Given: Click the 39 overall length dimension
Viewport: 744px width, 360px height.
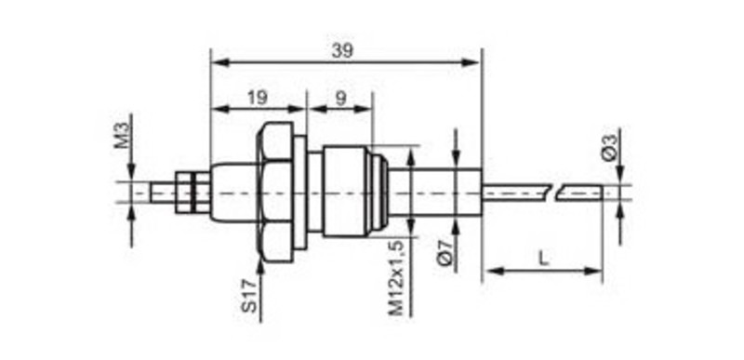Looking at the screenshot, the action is point(342,51).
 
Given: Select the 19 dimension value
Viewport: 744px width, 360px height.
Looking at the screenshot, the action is point(258,98).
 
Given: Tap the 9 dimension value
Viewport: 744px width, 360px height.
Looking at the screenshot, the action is point(341,98).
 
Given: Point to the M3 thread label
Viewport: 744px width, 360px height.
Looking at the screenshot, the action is point(122,135).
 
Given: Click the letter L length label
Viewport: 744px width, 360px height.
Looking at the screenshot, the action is point(544,259).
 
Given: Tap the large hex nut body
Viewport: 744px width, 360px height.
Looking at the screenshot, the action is point(274,193).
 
